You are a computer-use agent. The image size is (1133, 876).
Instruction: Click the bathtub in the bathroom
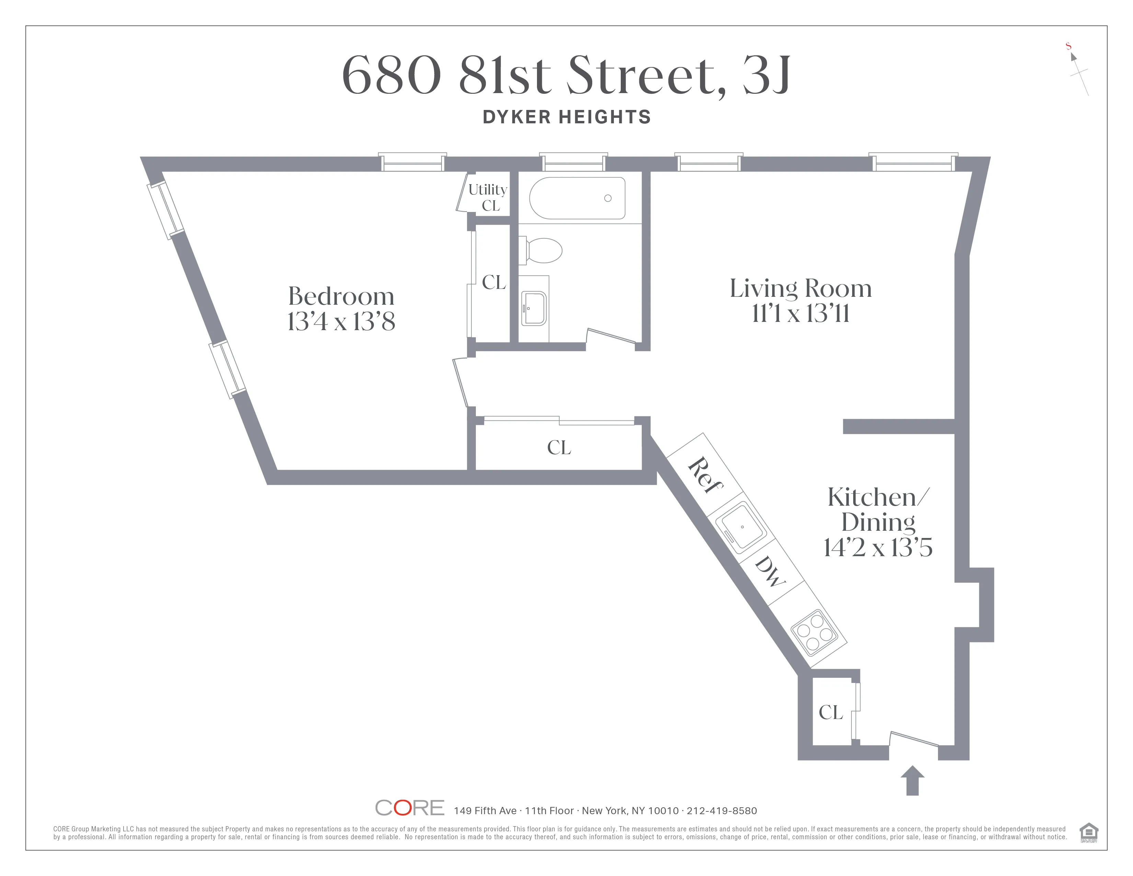[x=577, y=198]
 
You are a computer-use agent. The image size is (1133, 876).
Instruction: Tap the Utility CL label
[x=488, y=197]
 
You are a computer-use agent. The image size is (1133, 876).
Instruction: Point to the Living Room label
[x=800, y=289]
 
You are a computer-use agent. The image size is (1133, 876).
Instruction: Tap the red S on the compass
[x=1068, y=46]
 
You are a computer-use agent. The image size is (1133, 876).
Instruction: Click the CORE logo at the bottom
[x=409, y=808]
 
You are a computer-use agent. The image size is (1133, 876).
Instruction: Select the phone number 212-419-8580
[x=722, y=811]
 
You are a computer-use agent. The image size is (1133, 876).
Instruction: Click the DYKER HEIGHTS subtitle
[x=566, y=117]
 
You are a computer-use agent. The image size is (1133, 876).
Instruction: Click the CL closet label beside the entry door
[x=831, y=712]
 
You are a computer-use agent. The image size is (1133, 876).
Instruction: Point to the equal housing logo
[x=1088, y=832]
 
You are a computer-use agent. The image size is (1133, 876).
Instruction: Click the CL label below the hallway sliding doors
[x=559, y=447]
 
